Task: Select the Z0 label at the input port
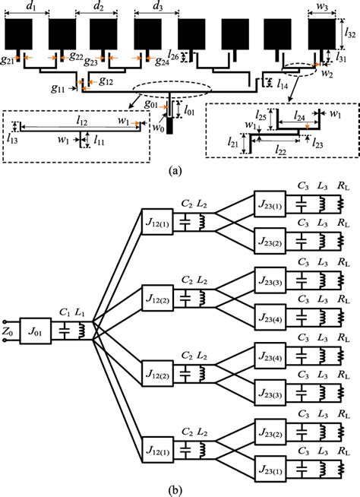[8, 333]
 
